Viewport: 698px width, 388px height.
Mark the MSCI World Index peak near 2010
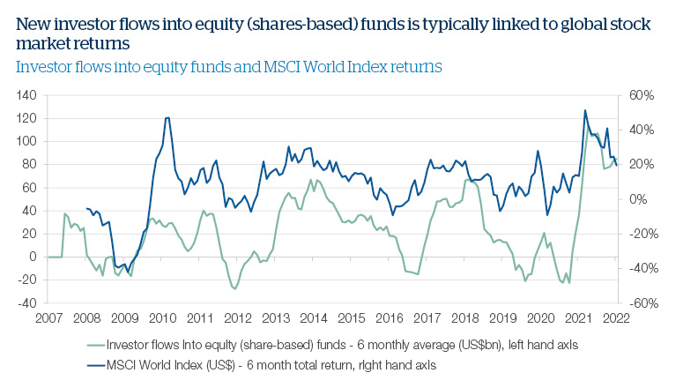167,117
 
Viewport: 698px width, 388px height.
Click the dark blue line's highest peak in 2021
585,110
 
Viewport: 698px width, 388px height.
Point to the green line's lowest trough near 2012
234,288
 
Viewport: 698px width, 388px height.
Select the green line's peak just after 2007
64,213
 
